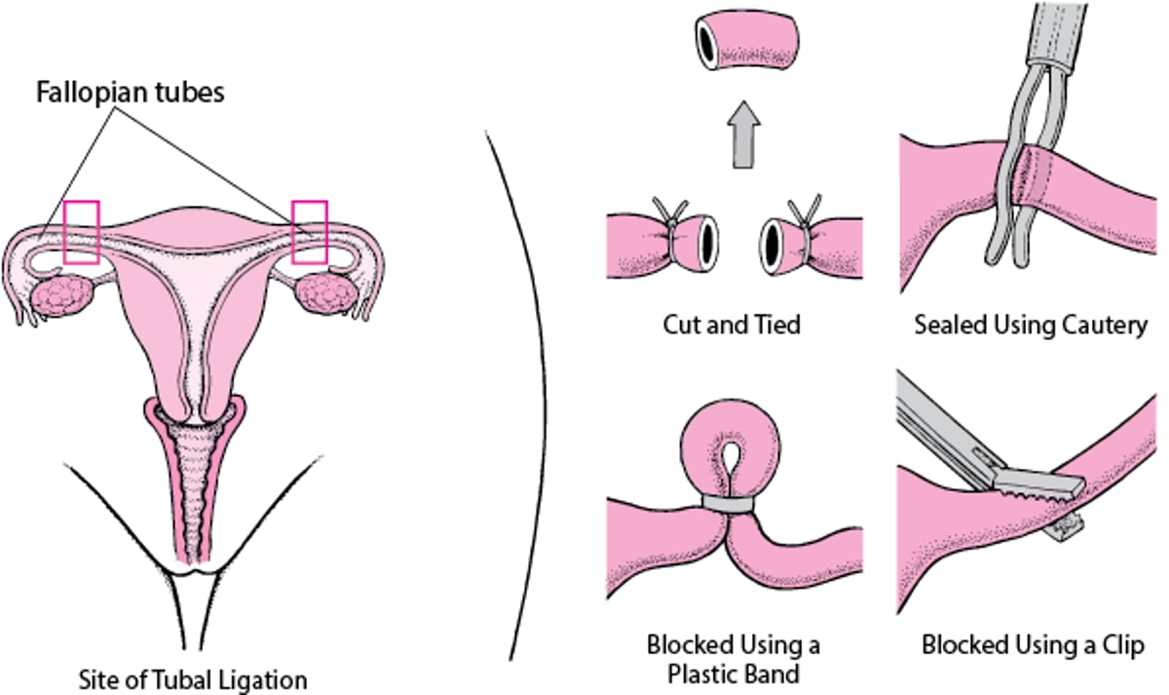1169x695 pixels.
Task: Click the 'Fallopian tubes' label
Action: click(131, 93)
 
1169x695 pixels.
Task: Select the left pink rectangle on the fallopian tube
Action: click(81, 232)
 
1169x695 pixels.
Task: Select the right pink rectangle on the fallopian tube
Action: click(310, 232)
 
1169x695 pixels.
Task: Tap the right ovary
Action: click(324, 293)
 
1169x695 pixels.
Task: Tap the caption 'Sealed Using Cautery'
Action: click(1031, 325)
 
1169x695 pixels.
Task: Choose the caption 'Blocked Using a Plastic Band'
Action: click(733, 658)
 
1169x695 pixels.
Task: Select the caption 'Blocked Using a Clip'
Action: click(1033, 645)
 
